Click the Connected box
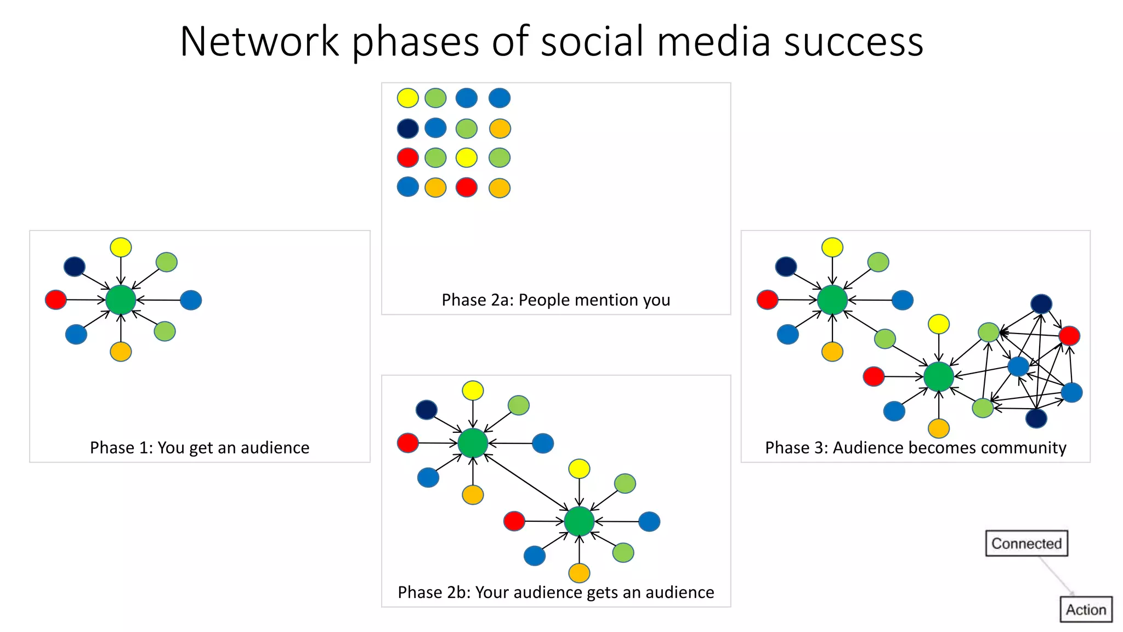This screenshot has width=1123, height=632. (1026, 543)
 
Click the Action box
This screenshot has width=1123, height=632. (1086, 610)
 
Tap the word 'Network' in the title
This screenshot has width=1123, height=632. (259, 42)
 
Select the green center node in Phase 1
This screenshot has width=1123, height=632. (121, 300)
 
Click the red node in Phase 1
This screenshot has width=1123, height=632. (56, 300)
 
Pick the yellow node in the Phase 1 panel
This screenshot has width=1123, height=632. (121, 247)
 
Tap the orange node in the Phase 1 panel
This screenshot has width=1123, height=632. (121, 352)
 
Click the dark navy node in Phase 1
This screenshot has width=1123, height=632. (75, 267)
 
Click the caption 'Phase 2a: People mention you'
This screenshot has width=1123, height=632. (555, 300)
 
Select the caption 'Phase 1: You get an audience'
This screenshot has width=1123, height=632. (200, 448)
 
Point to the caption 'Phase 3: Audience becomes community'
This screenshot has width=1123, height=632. (915, 448)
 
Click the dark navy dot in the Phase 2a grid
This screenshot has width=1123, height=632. (407, 128)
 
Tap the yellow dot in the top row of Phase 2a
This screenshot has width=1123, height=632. (407, 98)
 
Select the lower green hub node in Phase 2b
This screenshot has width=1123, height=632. (579, 521)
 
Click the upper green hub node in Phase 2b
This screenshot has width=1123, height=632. (473, 443)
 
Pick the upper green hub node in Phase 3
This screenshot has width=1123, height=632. (832, 300)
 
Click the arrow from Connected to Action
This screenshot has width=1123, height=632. (1056, 576)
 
